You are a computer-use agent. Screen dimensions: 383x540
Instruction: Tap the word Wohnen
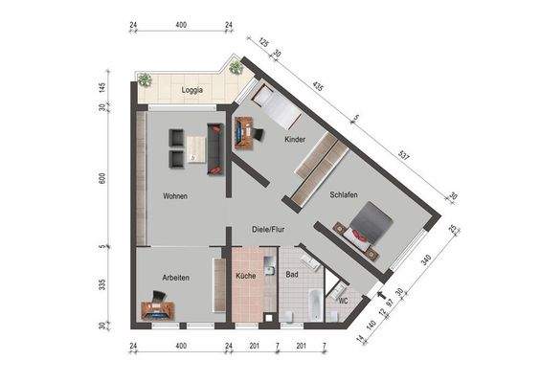tap(174, 196)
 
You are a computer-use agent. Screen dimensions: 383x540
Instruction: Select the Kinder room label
tap(295, 140)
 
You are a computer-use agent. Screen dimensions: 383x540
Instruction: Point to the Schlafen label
tap(344, 194)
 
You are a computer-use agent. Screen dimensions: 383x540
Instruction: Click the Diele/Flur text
tap(269, 230)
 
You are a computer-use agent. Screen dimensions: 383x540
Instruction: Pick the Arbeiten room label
tap(174, 278)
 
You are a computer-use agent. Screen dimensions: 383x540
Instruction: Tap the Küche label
tap(245, 277)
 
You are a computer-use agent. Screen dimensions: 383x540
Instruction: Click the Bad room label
tap(292, 275)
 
